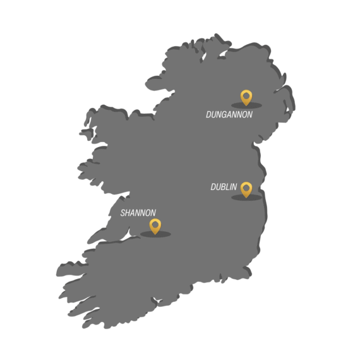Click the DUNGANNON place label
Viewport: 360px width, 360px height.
(229, 115)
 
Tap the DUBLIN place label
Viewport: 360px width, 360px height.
(224, 187)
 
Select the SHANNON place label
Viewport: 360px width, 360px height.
(138, 213)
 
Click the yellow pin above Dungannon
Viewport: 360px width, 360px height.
(246, 97)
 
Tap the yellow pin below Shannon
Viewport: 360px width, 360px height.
(155, 226)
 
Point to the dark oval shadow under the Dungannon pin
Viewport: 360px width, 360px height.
(246, 105)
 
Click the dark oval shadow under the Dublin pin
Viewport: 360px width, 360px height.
(246, 198)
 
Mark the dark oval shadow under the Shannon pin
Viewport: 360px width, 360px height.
(155, 234)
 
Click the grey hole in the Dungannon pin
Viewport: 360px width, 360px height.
(246, 95)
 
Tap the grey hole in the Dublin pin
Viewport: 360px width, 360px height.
(246, 187)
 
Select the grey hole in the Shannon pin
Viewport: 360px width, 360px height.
(155, 224)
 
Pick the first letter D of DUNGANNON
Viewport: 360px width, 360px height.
(208, 115)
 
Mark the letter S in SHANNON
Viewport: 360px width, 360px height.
(123, 213)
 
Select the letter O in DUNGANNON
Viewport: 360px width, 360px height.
(244, 115)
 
